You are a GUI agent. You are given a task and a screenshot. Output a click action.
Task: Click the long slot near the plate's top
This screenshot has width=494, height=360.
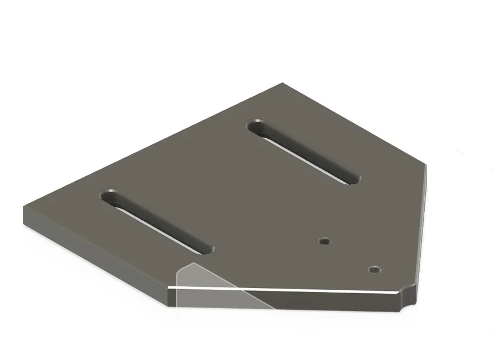(304, 152)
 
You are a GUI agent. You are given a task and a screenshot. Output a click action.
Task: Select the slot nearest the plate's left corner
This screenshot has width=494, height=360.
(157, 222)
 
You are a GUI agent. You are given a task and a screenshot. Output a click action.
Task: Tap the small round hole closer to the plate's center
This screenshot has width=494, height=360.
(326, 241)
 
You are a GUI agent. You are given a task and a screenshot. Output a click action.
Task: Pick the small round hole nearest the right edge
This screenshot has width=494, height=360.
(375, 269)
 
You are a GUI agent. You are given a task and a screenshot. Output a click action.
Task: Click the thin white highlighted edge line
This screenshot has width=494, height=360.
(288, 289)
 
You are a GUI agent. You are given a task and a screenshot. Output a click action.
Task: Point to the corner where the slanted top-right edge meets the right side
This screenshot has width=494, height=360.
(427, 164)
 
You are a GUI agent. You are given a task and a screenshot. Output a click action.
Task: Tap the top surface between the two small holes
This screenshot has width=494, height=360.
(350, 255)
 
